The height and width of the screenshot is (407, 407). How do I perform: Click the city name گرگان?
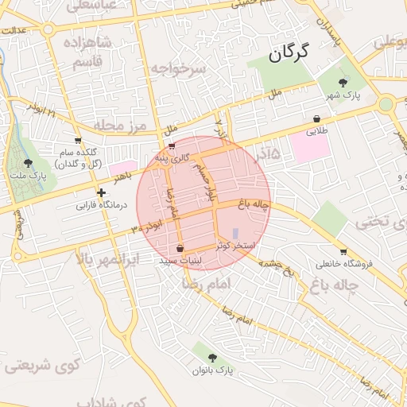286,54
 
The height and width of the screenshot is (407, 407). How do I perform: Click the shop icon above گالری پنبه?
172,147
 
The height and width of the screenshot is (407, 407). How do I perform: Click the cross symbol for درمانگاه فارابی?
101,192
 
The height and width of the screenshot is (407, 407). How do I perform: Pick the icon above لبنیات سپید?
180,247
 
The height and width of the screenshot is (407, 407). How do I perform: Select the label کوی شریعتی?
39,366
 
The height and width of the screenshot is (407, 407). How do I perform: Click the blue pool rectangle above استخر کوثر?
235,233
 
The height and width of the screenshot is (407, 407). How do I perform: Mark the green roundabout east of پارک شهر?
386,103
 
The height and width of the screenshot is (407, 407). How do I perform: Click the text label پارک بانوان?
215,370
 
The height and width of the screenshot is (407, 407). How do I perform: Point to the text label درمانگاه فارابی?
102,205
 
